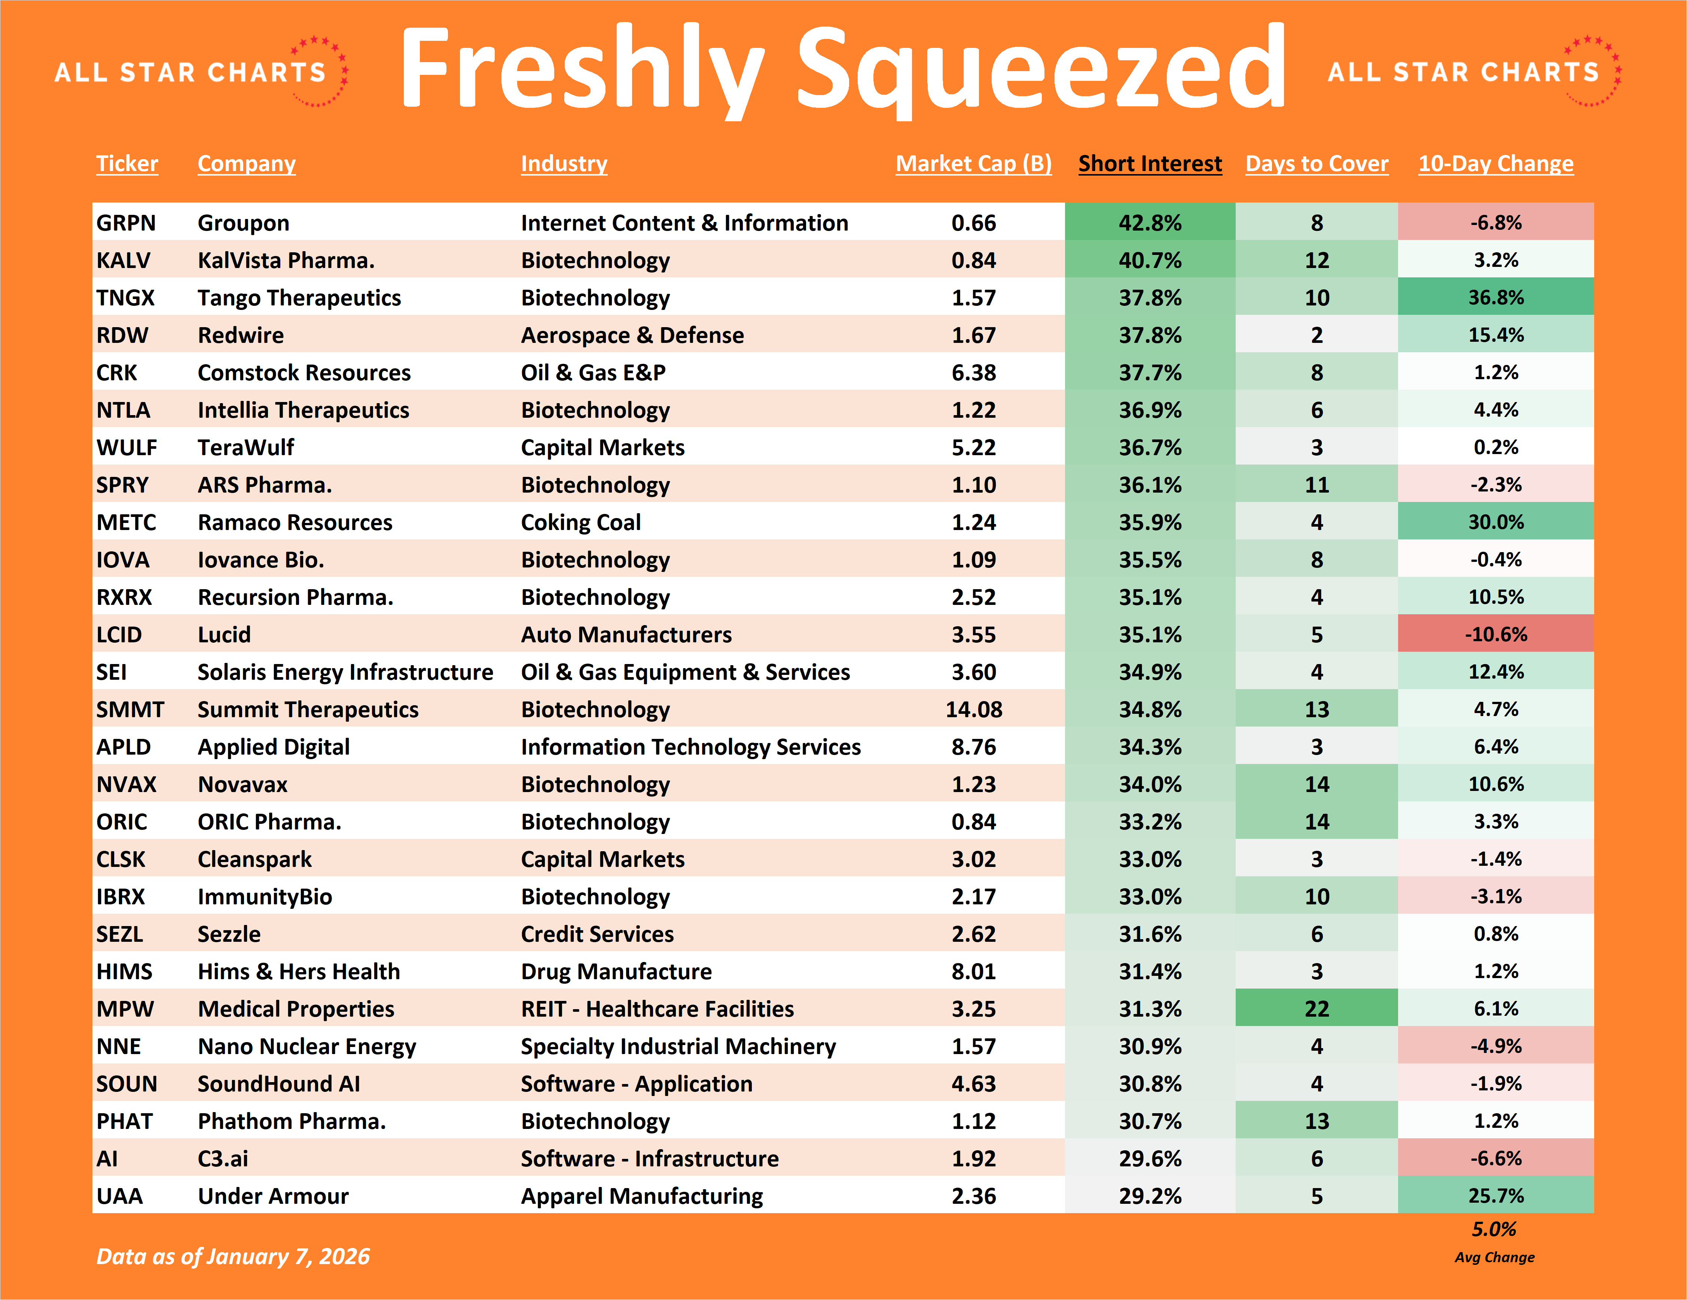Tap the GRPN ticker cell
click(126, 223)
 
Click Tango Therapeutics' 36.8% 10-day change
click(1495, 297)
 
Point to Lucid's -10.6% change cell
click(1495, 634)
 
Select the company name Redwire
click(240, 335)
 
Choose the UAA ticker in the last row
click(120, 1196)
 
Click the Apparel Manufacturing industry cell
click(641, 1196)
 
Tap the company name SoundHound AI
click(279, 1084)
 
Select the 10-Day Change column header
click(1495, 164)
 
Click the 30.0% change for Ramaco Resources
click(1495, 522)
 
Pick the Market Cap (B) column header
click(973, 164)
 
